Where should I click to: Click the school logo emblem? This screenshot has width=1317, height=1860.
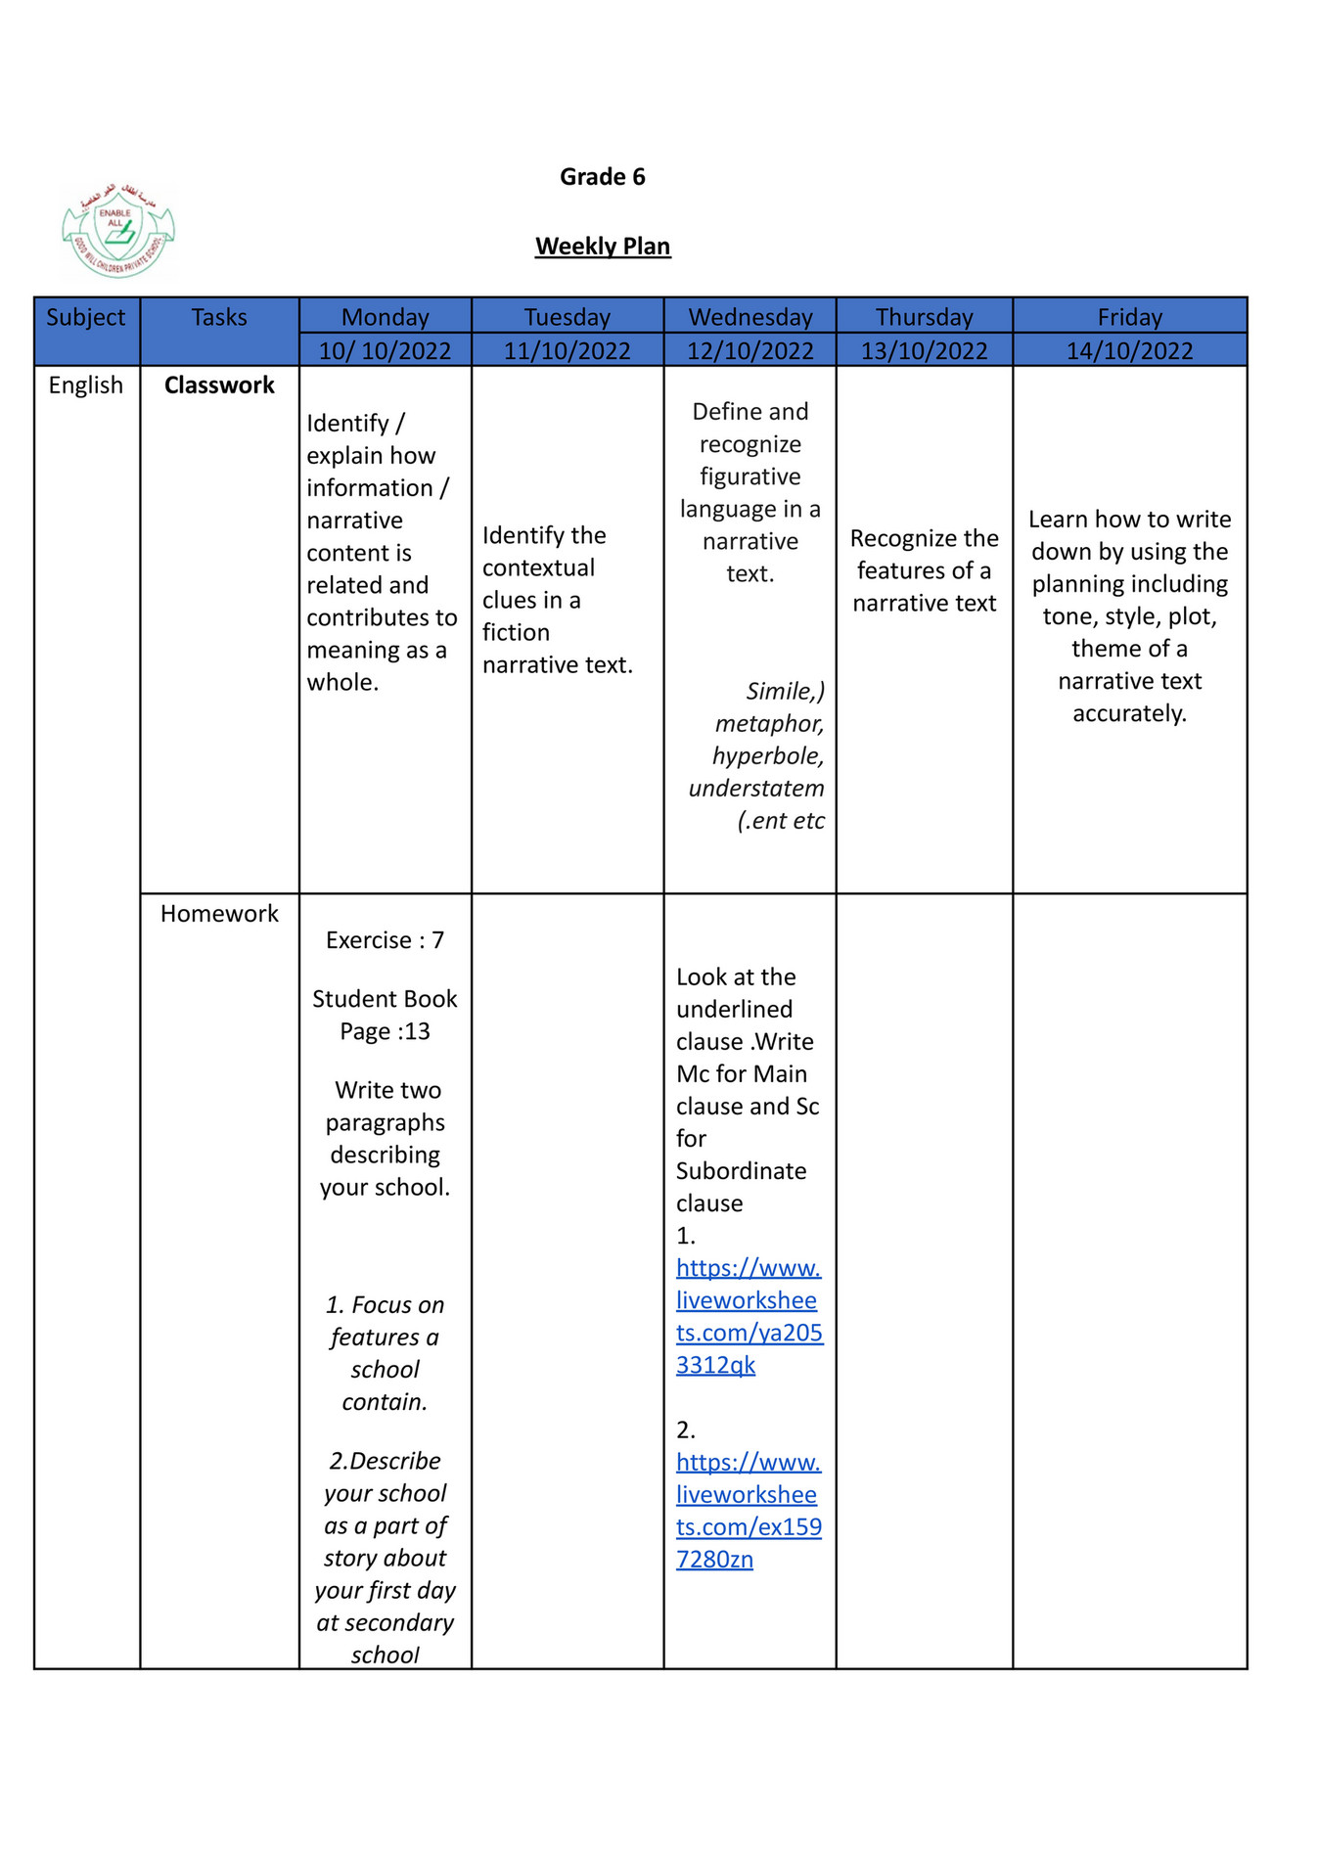click(x=117, y=232)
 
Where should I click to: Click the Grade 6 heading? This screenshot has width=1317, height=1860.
click(x=602, y=177)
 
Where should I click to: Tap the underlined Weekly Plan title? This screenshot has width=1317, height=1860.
click(x=603, y=247)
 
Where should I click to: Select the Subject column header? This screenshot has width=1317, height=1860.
click(x=86, y=317)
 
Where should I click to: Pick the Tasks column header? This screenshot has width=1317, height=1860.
click(x=219, y=317)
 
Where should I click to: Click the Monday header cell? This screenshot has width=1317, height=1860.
click(x=385, y=317)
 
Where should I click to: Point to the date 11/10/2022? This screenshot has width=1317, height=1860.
click(x=567, y=350)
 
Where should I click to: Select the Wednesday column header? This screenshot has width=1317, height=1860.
click(x=750, y=317)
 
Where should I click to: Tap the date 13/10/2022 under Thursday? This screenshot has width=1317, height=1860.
click(x=924, y=350)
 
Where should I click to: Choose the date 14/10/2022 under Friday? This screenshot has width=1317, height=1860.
click(x=1129, y=350)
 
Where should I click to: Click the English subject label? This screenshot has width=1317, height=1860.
click(x=86, y=386)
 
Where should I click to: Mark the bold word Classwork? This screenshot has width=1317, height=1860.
click(x=219, y=386)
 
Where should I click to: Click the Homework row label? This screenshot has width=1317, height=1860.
click(x=219, y=914)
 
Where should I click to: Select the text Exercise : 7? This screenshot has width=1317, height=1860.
click(x=385, y=940)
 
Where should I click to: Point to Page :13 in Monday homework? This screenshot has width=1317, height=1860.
click(x=385, y=1031)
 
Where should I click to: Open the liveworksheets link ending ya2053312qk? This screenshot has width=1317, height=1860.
click(x=748, y=1317)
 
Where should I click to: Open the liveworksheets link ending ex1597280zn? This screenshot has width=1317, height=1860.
click(x=748, y=1511)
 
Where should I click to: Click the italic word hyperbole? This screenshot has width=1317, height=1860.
click(x=768, y=756)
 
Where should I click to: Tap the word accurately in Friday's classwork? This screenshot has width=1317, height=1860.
click(x=1129, y=713)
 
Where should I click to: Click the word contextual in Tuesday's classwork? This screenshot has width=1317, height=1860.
click(x=538, y=568)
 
